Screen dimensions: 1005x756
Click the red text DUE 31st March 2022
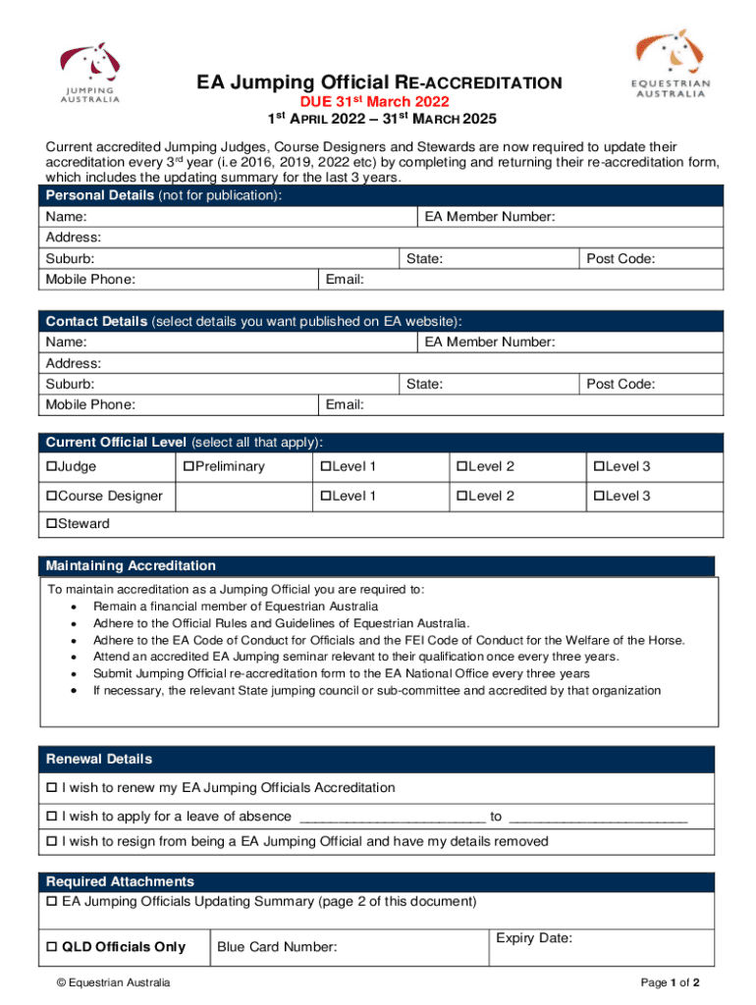pos(374,102)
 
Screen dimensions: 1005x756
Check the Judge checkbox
pos(52,467)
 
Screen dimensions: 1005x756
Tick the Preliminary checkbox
pos(189,467)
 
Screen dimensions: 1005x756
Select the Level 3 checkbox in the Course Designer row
pos(596,497)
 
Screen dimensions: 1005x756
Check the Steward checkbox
pos(52,524)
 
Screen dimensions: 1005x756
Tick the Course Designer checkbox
pos(52,497)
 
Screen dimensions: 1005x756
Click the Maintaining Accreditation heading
pos(131,566)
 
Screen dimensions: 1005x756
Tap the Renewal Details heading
pos(99,760)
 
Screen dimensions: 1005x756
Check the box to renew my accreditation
pos(52,788)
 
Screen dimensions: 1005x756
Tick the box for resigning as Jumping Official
pos(52,842)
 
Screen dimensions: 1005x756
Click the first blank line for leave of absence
pos(392,817)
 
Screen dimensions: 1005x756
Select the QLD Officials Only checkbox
pos(52,947)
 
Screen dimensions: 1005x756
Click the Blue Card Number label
pos(277,947)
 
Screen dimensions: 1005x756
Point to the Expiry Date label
pos(534,939)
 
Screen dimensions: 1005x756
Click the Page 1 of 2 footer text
pos(670,983)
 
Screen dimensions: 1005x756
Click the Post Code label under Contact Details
pos(621,385)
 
